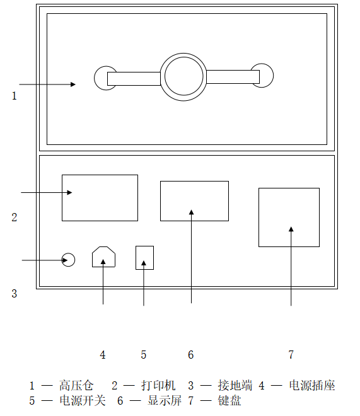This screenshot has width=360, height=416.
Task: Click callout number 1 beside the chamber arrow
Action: (15, 96)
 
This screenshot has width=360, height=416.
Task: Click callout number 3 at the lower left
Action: (15, 294)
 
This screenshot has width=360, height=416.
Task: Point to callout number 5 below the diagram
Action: (144, 355)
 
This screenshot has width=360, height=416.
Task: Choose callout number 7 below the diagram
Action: (291, 355)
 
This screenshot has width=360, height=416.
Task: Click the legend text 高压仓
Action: (76, 386)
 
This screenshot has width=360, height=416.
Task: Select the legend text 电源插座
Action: (312, 386)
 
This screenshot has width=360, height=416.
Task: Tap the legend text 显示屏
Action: (165, 400)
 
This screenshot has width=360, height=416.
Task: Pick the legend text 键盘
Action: (229, 400)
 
